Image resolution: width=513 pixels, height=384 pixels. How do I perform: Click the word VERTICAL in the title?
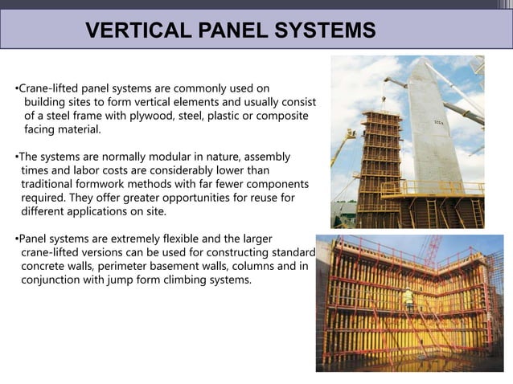click(x=132, y=31)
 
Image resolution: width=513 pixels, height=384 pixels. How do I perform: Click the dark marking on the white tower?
click(x=462, y=122)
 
